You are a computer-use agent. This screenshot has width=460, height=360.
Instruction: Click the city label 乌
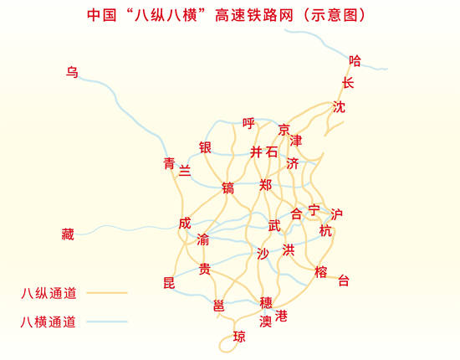click(x=72, y=72)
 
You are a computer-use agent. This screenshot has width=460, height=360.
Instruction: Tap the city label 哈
click(x=355, y=60)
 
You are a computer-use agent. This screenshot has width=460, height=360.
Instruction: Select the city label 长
click(x=348, y=83)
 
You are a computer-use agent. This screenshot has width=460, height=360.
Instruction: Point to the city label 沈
click(x=339, y=107)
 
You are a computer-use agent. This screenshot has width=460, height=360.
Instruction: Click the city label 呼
click(x=248, y=123)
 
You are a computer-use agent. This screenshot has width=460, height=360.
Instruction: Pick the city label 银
click(x=205, y=147)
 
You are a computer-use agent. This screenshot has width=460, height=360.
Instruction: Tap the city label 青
click(x=170, y=164)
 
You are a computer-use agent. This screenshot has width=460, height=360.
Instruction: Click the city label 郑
click(x=266, y=184)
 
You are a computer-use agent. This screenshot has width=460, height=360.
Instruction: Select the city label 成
click(x=185, y=224)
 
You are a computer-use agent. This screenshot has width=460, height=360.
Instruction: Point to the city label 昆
click(x=169, y=282)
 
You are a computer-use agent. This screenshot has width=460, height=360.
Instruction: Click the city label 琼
click(x=239, y=337)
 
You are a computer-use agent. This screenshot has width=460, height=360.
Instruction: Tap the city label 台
click(x=343, y=281)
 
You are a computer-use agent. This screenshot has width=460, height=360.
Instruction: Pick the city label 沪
click(x=336, y=214)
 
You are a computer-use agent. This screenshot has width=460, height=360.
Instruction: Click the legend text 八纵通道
click(x=49, y=293)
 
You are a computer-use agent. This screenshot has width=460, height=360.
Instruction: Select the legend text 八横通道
click(x=49, y=321)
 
